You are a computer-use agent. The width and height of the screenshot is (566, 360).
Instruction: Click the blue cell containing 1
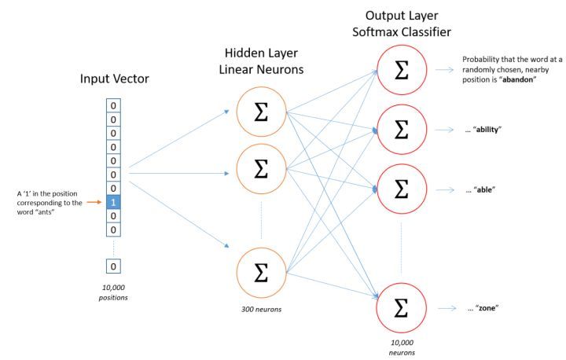[115, 202]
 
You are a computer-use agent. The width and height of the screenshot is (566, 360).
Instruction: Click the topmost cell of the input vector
[115, 105]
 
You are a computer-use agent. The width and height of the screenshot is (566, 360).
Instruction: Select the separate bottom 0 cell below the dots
[115, 266]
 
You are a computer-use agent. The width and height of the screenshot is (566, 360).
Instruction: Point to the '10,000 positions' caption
[115, 292]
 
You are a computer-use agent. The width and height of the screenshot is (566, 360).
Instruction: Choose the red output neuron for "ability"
[401, 129]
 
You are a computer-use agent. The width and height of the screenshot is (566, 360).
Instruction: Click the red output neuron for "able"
[401, 189]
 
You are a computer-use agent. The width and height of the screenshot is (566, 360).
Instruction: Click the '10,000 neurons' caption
[402, 348]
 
